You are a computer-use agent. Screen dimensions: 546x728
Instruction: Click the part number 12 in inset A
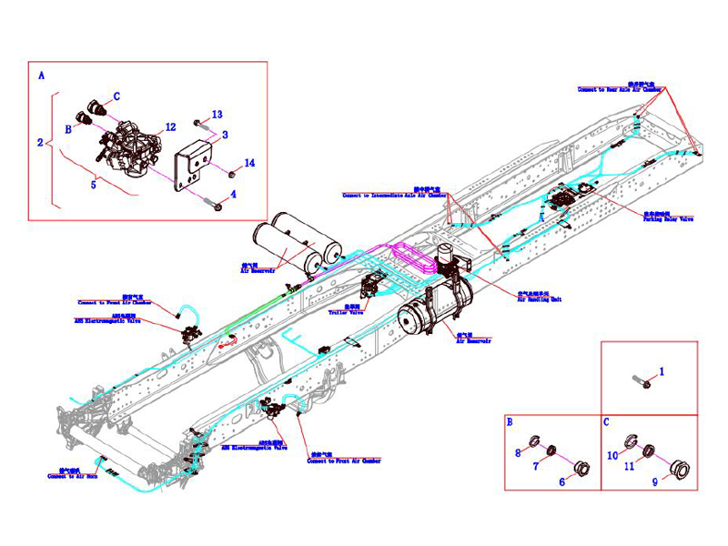tap(170, 127)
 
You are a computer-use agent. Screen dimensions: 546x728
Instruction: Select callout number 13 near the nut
tap(217, 115)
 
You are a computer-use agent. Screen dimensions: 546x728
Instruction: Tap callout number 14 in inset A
tap(250, 163)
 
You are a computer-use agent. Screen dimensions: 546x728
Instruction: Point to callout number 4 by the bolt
tap(234, 194)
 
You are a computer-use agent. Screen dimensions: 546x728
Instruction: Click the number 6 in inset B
tap(561, 481)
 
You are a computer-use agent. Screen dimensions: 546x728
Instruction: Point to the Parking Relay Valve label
tap(669, 218)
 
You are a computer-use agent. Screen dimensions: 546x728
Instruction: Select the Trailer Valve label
tap(344, 309)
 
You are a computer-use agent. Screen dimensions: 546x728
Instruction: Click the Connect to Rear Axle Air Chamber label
tap(619, 88)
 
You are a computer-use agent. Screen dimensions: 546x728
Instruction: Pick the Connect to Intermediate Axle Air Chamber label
tap(395, 194)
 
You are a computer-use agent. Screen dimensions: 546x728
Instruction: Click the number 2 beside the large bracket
tap(40, 143)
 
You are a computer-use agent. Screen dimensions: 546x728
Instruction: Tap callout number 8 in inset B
tap(518, 453)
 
